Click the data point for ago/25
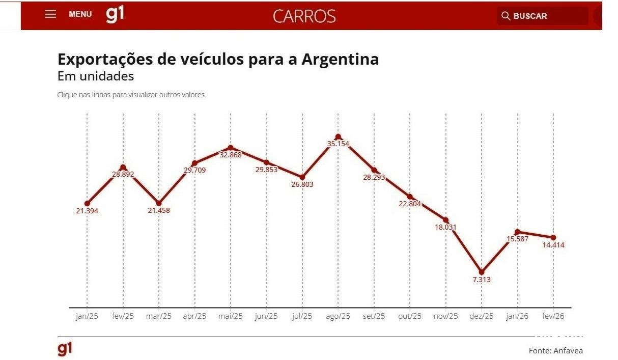(x=338, y=136)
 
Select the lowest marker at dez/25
(x=482, y=272)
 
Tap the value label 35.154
(x=338, y=144)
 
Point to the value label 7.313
(x=482, y=280)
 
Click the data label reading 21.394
(x=87, y=211)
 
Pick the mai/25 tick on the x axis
(x=231, y=316)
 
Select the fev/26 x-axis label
(x=553, y=316)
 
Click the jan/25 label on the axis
(x=87, y=316)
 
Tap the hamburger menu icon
(x=50, y=14)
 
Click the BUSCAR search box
(x=542, y=16)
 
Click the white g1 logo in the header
(x=115, y=14)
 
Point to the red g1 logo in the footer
(x=65, y=349)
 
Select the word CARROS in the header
(x=304, y=16)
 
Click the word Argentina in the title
(x=340, y=59)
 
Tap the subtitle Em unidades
(x=96, y=76)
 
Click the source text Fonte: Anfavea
(x=555, y=350)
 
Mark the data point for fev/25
(x=123, y=167)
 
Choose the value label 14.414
(x=553, y=245)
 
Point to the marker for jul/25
(x=302, y=177)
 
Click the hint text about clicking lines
(x=131, y=95)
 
